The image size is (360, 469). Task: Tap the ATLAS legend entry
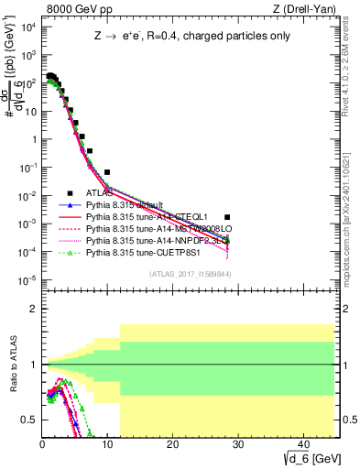coord(102,193)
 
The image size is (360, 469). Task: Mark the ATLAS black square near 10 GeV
coord(107,172)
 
